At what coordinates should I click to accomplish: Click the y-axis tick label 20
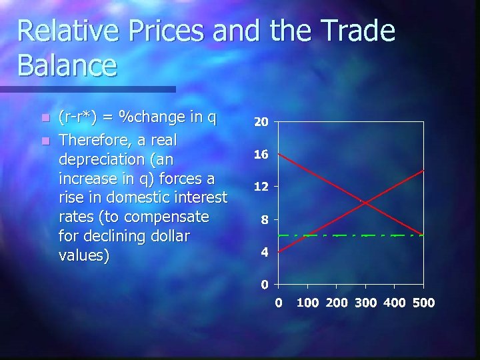(261, 122)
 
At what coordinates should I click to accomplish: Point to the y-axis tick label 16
(261, 155)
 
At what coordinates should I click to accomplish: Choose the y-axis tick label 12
(261, 187)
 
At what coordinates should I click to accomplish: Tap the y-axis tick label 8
(264, 220)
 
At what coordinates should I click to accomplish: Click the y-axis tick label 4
(264, 253)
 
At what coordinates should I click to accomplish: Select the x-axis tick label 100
(307, 303)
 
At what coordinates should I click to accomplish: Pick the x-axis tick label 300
(365, 303)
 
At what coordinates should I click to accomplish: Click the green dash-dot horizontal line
(333, 235)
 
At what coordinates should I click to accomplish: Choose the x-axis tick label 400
(394, 303)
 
